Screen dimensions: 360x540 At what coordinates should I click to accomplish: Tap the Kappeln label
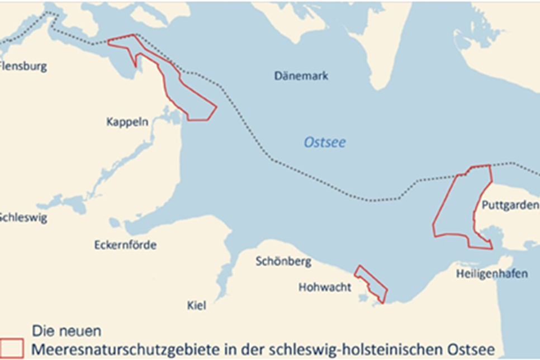click(127, 122)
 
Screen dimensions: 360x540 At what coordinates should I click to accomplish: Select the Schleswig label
click(22, 217)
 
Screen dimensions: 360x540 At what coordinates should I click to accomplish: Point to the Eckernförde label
click(125, 245)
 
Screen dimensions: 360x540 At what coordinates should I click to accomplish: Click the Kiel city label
click(197, 305)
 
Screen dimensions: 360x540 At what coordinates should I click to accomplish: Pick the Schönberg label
click(279, 261)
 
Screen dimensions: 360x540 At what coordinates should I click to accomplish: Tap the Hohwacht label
click(325, 287)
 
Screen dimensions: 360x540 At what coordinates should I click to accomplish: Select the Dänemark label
click(301, 76)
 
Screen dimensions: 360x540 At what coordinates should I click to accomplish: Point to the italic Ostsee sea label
click(324, 143)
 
